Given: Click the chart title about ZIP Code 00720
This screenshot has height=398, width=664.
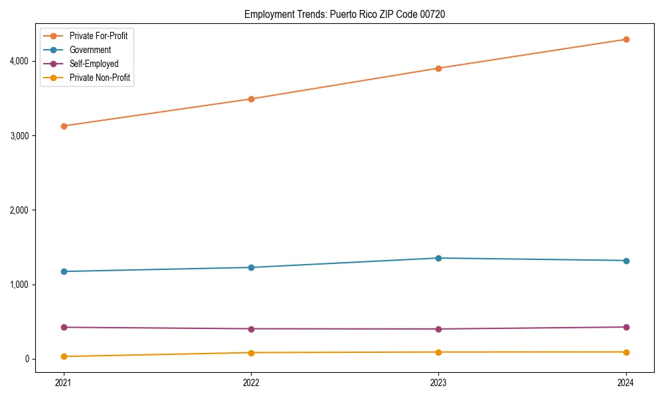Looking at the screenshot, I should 345,14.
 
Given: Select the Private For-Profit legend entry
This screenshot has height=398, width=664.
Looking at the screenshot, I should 98,36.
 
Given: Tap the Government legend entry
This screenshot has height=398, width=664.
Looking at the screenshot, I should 90,50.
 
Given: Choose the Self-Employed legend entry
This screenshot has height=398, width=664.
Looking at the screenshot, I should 94,64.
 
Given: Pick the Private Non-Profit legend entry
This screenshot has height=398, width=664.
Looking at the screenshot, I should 100,78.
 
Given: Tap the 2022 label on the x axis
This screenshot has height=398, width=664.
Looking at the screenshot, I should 251,383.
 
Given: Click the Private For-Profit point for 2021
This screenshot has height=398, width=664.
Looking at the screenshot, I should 64,126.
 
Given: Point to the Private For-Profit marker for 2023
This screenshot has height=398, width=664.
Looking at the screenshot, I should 438,68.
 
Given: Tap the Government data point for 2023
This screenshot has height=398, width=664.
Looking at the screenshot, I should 438,258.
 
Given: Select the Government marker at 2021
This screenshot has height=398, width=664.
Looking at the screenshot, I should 64,271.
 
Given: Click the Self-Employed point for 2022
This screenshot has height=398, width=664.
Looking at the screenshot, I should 251,329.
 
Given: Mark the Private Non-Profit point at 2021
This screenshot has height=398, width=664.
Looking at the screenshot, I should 64,356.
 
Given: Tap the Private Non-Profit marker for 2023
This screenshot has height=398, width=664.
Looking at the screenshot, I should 438,352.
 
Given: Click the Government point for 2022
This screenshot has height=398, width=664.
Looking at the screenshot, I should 251,267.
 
